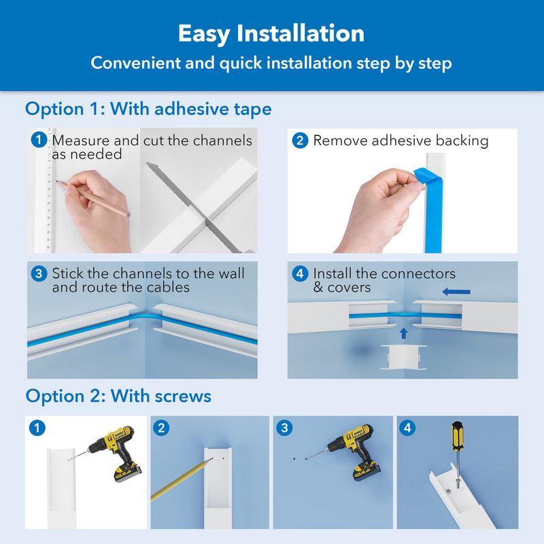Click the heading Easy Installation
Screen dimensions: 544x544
tap(271, 33)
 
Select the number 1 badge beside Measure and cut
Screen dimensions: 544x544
tap(40, 141)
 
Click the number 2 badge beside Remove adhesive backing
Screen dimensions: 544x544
tap(299, 141)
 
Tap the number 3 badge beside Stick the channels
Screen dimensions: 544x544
tap(40, 274)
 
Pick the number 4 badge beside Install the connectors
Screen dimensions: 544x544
tap(299, 274)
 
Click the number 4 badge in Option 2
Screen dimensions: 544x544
tap(407, 428)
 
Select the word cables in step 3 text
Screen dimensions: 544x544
tap(167, 287)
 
